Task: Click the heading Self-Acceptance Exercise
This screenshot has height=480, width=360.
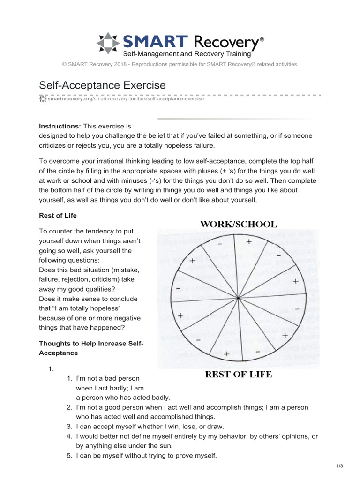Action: coord(102,85)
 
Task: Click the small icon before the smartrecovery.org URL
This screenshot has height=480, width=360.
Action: coord(43,99)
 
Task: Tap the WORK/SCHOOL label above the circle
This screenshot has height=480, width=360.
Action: coord(239,224)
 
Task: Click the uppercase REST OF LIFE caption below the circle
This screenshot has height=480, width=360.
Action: coord(239,375)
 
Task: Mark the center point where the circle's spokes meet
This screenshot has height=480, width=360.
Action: coord(239,298)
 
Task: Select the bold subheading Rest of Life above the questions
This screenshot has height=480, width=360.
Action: coord(58,215)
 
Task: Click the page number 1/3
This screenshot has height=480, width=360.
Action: coord(340,465)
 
